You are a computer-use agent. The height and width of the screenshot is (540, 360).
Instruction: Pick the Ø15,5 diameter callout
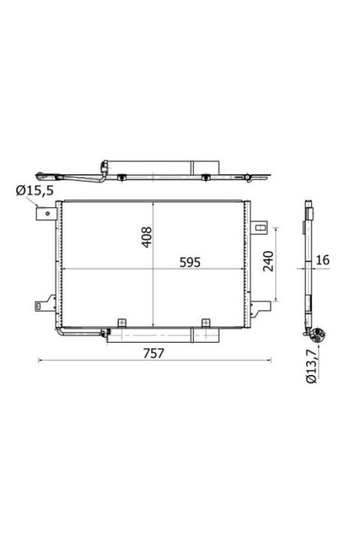point(29,189)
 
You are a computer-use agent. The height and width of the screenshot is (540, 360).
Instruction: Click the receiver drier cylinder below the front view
point(162,334)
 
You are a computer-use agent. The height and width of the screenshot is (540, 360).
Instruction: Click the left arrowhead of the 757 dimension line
point(40,360)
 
